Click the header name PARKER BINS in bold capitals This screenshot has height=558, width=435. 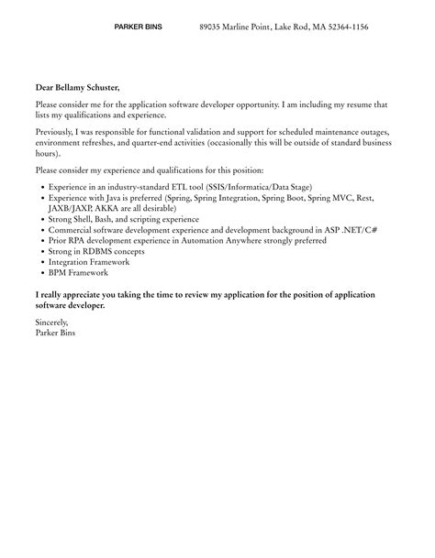(x=138, y=27)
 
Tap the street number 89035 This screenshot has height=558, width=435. (x=212, y=27)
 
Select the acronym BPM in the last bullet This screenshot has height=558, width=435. (x=58, y=272)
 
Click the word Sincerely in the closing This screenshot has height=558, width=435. (x=52, y=323)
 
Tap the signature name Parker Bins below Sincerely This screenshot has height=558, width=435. (x=57, y=333)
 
